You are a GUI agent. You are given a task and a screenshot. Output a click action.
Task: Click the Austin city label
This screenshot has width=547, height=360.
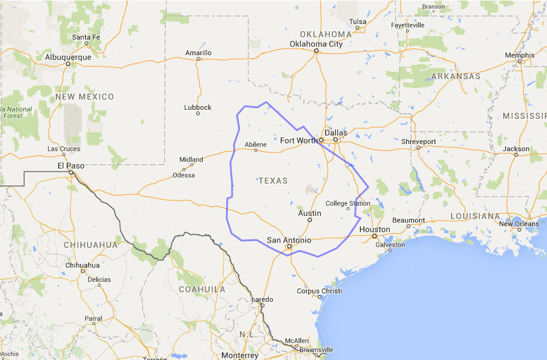pos(309,213)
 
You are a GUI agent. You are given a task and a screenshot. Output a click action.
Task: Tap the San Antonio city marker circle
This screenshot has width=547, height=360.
pos(288,246)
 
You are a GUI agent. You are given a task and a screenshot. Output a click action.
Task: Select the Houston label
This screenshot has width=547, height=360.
pos(375,229)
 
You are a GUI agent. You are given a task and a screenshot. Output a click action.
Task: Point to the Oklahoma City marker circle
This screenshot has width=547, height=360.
pos(316,50)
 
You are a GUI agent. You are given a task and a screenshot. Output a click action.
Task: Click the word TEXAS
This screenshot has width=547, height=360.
pos(273,181)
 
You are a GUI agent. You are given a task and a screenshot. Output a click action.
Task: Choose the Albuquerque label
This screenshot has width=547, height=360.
pos(68,57)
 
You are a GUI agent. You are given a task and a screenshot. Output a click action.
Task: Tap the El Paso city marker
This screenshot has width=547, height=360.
pos(71,172)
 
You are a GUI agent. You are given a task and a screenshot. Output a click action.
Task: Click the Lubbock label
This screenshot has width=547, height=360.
pos(198,107)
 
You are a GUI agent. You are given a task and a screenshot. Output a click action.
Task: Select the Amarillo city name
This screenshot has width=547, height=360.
pos(198,53)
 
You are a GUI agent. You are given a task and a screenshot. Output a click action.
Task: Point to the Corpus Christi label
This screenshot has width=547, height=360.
pos(319,291)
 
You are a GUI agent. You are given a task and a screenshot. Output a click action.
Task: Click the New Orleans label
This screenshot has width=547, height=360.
pos(519,224)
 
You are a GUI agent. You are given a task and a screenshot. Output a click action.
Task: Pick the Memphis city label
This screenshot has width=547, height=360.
pos(519,55)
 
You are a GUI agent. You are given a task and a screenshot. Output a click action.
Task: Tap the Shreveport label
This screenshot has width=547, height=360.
pos(419,141)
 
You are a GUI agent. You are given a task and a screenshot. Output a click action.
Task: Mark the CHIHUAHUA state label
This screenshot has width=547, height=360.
pos(91,245)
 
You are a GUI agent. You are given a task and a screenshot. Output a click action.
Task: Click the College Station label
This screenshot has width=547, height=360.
pos(348,203)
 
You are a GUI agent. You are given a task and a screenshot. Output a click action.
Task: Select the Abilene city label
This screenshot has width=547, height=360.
pos(256,145)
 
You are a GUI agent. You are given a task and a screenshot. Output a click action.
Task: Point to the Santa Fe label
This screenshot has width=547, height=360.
pos(86,37)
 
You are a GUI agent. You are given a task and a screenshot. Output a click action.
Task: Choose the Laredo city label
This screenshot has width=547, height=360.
pos(262,299)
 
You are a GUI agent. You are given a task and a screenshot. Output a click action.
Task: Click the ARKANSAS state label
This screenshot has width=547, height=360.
pos(455,76)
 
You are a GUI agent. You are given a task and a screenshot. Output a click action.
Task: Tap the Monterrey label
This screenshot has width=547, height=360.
pos(239,355)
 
